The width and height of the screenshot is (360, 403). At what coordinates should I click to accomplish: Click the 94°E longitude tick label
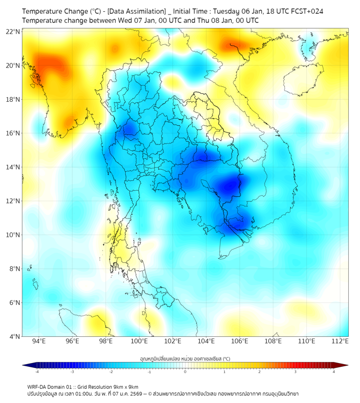(39, 341)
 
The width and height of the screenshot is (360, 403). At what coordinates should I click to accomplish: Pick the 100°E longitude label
(139, 341)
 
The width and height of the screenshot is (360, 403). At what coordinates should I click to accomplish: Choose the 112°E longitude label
(340, 341)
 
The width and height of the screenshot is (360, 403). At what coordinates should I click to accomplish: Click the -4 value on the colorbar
(37, 372)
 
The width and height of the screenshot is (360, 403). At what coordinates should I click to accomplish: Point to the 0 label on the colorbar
(185, 372)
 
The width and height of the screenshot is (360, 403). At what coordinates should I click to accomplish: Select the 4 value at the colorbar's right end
(333, 372)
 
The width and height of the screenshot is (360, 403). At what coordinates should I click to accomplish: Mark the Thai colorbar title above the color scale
(185, 359)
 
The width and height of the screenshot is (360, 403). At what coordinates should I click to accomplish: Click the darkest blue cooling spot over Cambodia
(230, 186)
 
